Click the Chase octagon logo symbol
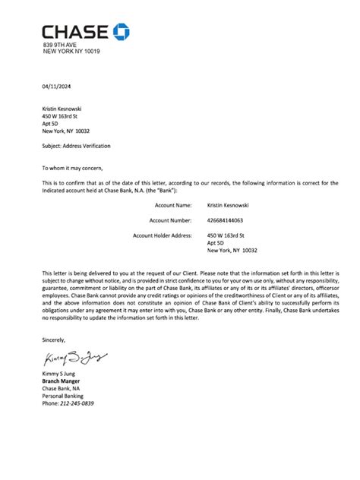point(122,31)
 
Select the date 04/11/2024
point(55,86)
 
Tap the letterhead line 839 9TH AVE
point(60,45)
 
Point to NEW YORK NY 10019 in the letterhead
point(71,52)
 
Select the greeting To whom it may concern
point(71,167)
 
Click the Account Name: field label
point(173,205)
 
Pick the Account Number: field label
point(171,220)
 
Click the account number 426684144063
point(231,220)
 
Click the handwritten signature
point(77,358)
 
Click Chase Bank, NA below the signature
point(61,387)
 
